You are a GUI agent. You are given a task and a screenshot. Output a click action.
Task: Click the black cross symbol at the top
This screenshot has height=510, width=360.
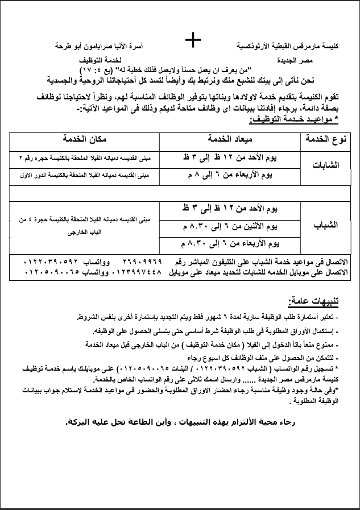193,39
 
